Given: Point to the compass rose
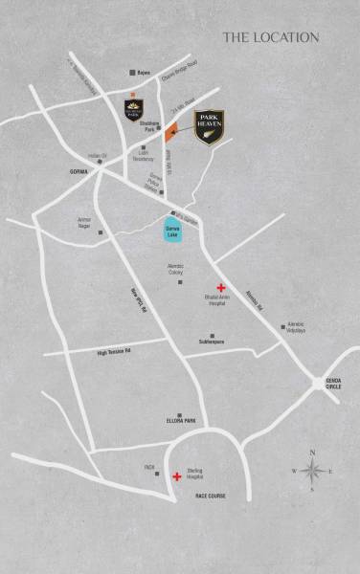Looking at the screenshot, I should tap(311, 470).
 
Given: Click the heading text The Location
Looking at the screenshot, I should tap(270, 37).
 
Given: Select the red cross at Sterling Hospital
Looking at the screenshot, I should tap(176, 476).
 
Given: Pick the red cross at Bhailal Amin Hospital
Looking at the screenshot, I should tap(220, 288).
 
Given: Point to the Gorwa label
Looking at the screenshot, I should tap(79, 172).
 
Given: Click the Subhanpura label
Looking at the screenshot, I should tap(212, 341).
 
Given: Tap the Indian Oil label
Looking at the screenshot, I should tap(97, 155).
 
